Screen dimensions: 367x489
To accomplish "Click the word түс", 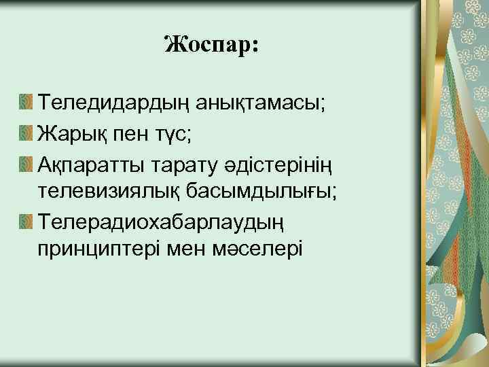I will [x=174, y=133].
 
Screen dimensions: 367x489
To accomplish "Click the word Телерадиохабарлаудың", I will [x=158, y=221].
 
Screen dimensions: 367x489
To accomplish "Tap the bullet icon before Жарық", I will [x=26, y=133].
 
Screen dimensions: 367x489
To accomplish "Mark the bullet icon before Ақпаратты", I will [x=26, y=163].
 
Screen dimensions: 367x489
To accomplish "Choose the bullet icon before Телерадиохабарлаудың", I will [x=26, y=221].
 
